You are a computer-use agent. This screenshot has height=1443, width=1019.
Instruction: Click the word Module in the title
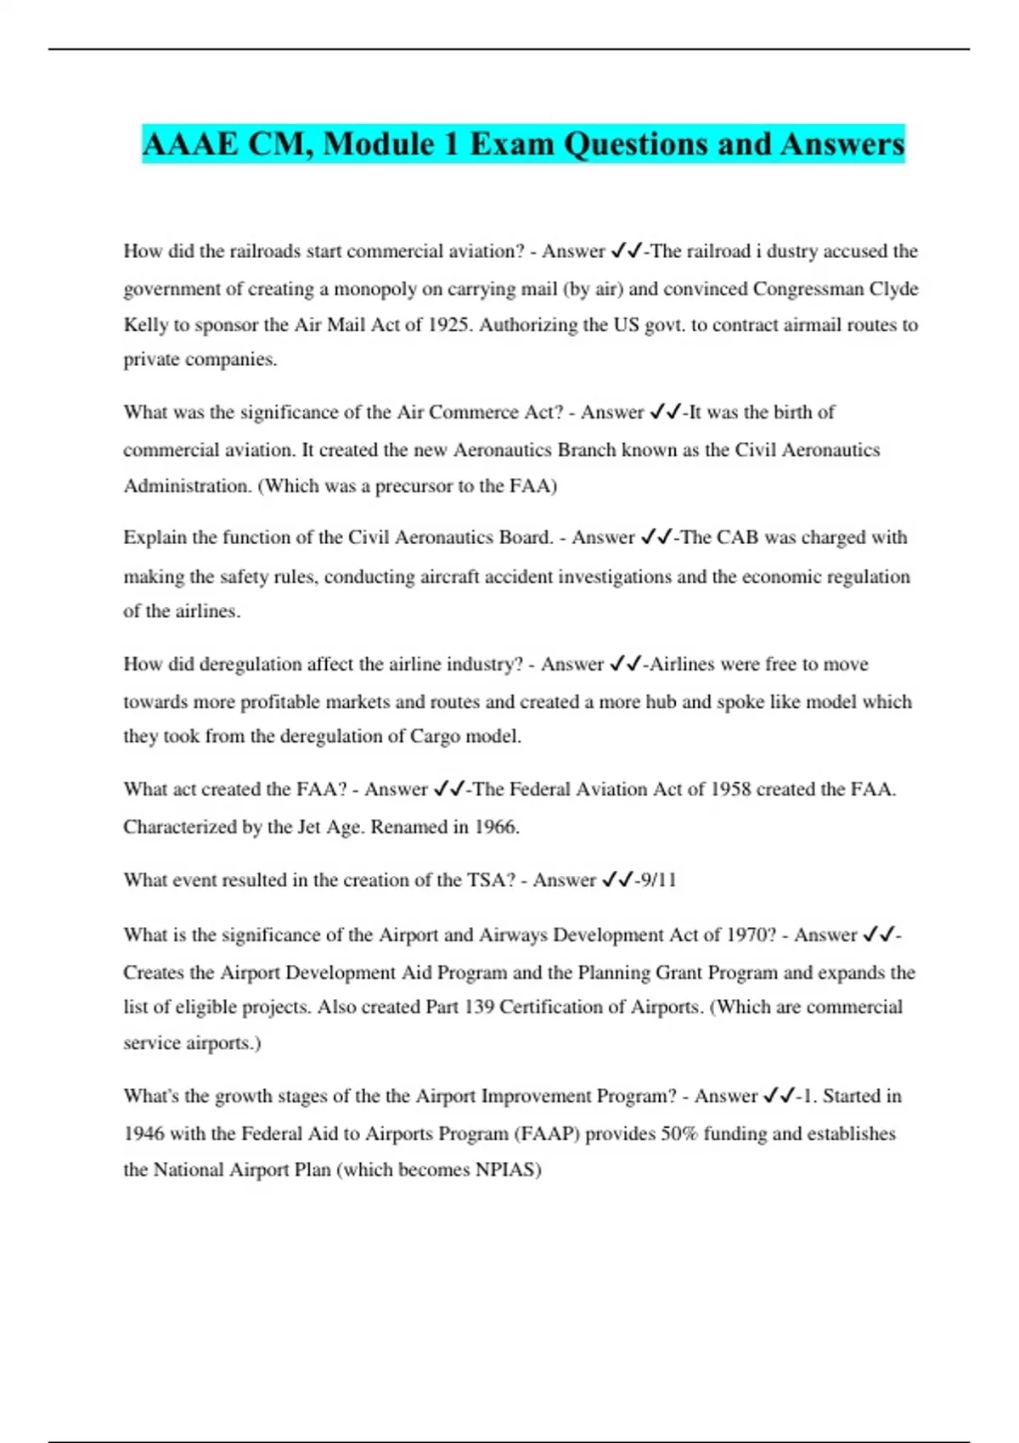tap(378, 144)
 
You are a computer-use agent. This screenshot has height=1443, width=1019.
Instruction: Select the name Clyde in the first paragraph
tap(894, 289)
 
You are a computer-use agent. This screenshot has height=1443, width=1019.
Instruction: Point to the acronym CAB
tap(737, 538)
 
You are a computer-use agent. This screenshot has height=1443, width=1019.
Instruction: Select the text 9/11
tap(659, 880)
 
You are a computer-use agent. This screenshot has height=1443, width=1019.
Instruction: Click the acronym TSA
tap(491, 880)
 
